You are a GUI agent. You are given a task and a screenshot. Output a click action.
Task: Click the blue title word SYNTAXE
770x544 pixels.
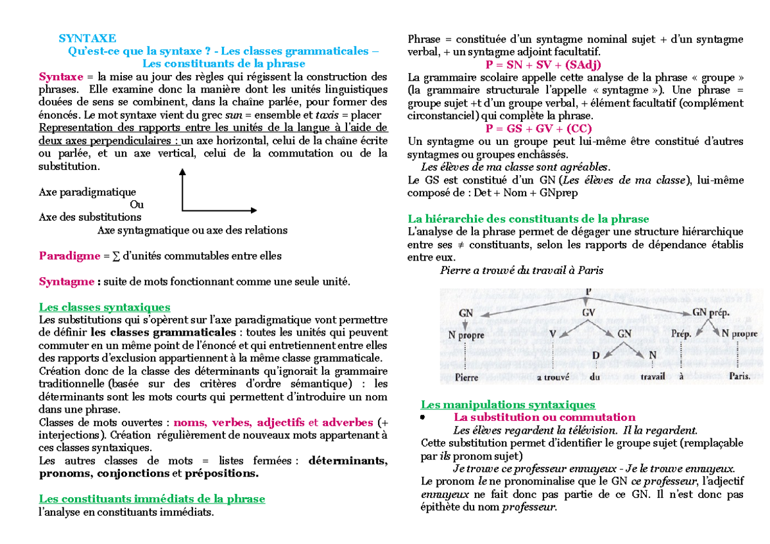click(x=87, y=38)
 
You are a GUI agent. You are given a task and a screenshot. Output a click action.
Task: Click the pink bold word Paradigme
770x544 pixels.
click(x=69, y=256)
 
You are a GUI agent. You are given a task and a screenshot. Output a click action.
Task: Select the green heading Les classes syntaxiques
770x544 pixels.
click(x=105, y=307)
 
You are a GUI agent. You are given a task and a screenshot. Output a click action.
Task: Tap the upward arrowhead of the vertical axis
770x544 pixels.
click(x=182, y=172)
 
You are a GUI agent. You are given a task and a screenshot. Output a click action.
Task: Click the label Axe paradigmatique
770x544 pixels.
click(x=87, y=192)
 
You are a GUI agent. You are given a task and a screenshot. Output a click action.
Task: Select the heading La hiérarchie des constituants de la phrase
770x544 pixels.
click(x=528, y=219)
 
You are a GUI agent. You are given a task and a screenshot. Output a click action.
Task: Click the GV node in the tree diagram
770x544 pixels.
click(x=589, y=312)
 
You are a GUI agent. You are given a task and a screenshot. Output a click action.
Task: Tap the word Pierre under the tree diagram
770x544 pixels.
click(x=466, y=378)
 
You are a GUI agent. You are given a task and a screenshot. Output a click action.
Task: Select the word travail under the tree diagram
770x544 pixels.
click(x=651, y=378)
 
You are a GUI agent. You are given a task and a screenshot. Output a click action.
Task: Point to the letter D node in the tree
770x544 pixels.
click(x=596, y=356)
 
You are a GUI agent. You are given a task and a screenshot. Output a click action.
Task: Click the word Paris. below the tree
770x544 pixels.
click(x=739, y=377)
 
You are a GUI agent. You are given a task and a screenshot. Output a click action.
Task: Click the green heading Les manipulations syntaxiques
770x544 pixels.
click(x=508, y=405)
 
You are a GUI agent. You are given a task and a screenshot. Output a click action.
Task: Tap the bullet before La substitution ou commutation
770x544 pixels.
click(x=423, y=418)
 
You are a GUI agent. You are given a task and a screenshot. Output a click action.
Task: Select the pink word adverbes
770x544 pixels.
click(x=347, y=422)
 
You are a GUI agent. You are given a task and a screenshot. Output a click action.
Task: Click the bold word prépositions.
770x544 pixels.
click(x=222, y=473)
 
